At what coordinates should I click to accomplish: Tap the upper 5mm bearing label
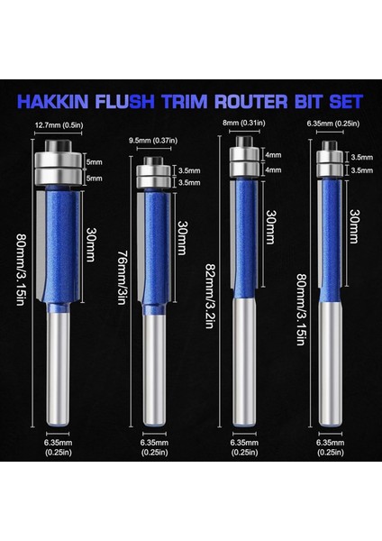(93, 163)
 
